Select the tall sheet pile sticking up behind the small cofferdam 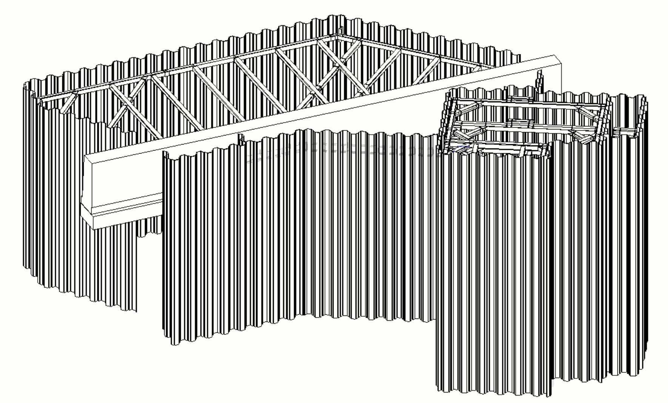540,81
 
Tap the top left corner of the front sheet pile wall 164,153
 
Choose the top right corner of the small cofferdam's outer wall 643,100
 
